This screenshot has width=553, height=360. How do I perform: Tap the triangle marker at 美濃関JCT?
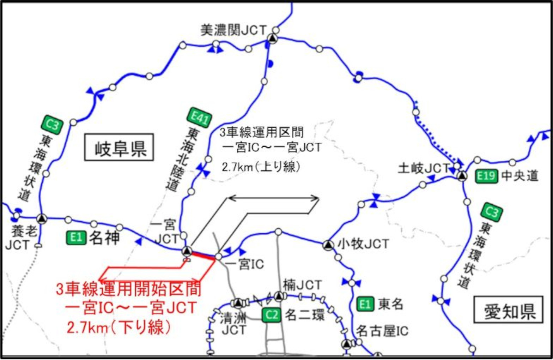[x=272, y=38]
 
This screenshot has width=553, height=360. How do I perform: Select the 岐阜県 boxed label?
[x=119, y=147]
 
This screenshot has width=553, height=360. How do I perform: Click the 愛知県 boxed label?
[x=508, y=310]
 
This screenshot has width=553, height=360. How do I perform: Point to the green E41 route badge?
[x=200, y=118]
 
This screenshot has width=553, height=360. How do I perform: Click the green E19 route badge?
[x=486, y=175]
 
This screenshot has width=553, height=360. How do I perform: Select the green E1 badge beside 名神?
[x=76, y=238]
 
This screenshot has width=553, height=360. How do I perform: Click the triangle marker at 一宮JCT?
[x=187, y=251]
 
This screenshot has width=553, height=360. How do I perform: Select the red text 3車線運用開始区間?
[x=129, y=289]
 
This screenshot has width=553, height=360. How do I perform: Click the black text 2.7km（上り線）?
[x=261, y=167]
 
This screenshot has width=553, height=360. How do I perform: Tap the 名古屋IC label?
[x=382, y=331]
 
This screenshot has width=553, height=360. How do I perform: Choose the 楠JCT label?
[x=302, y=285]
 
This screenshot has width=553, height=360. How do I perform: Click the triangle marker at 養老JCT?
[x=42, y=218]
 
